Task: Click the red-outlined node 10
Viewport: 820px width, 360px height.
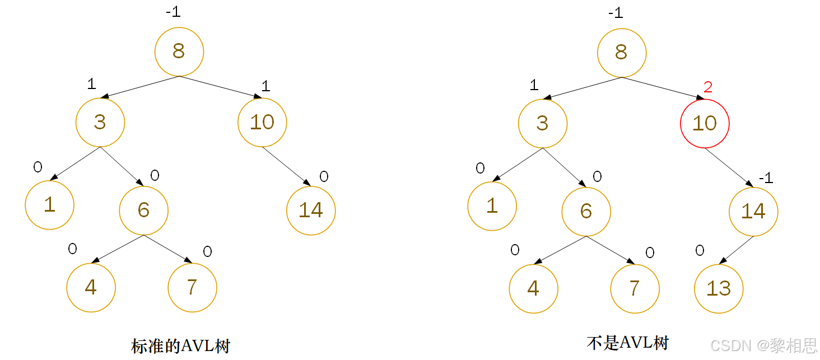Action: pos(705,123)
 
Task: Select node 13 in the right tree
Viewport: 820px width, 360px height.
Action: pos(719,288)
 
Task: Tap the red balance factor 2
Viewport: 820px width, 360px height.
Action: pos(708,87)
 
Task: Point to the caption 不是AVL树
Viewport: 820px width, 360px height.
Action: pos(628,343)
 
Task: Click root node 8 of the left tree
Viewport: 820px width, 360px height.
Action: pos(179,52)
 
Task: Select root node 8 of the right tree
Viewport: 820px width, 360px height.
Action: pos(621,53)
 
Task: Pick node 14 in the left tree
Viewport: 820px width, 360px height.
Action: pos(311,211)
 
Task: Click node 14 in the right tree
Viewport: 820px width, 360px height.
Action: pos(753,211)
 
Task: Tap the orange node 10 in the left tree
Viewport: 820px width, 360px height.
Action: pos(262,122)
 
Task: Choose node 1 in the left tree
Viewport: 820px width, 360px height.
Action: pos(49,205)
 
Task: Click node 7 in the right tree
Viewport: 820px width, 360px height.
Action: pos(635,288)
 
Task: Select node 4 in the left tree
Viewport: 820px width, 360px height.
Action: pos(91,287)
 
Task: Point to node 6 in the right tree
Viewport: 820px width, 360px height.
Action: pos(586,211)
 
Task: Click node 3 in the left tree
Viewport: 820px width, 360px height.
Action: pos(100,122)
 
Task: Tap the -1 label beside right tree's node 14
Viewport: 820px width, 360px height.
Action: pos(766,178)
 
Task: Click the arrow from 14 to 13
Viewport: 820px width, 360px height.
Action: pos(738,249)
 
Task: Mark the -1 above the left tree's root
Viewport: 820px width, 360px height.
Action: pos(173,12)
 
